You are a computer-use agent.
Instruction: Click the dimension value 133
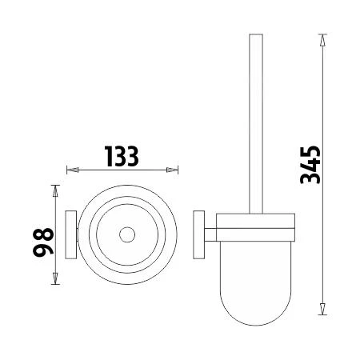pyautogui.click(x=122, y=156)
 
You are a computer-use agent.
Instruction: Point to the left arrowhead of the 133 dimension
pyautogui.click(x=70, y=170)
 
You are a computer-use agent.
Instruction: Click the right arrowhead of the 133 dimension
pyautogui.click(x=174, y=170)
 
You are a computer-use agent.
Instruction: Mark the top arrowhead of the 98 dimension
pyautogui.click(x=55, y=189)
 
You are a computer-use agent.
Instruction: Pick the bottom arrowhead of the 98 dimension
pyautogui.click(x=55, y=281)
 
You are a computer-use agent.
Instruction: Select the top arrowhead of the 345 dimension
pyautogui.click(x=322, y=38)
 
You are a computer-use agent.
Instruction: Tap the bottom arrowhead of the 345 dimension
pyautogui.click(x=322, y=310)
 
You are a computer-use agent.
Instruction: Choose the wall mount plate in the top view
pyautogui.click(x=70, y=235)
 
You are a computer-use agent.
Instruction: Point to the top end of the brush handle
pyautogui.click(x=257, y=37)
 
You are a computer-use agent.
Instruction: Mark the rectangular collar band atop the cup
pyautogui.click(x=258, y=221)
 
